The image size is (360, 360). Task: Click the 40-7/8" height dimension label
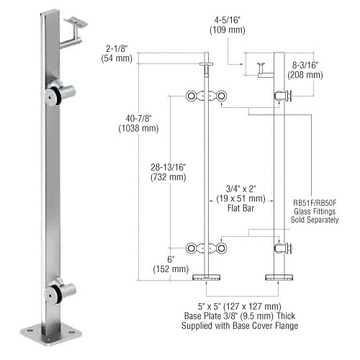[138, 118]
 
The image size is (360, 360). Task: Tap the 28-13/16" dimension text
[168, 167]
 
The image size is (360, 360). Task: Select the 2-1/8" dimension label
[117, 49]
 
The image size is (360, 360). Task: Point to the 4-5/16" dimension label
[228, 20]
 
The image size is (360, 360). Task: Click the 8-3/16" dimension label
[305, 66]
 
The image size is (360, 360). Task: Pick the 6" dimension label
[171, 259]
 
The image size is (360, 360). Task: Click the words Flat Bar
[240, 208]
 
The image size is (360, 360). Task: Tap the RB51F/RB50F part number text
[315, 203]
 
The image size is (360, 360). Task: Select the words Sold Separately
[315, 220]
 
